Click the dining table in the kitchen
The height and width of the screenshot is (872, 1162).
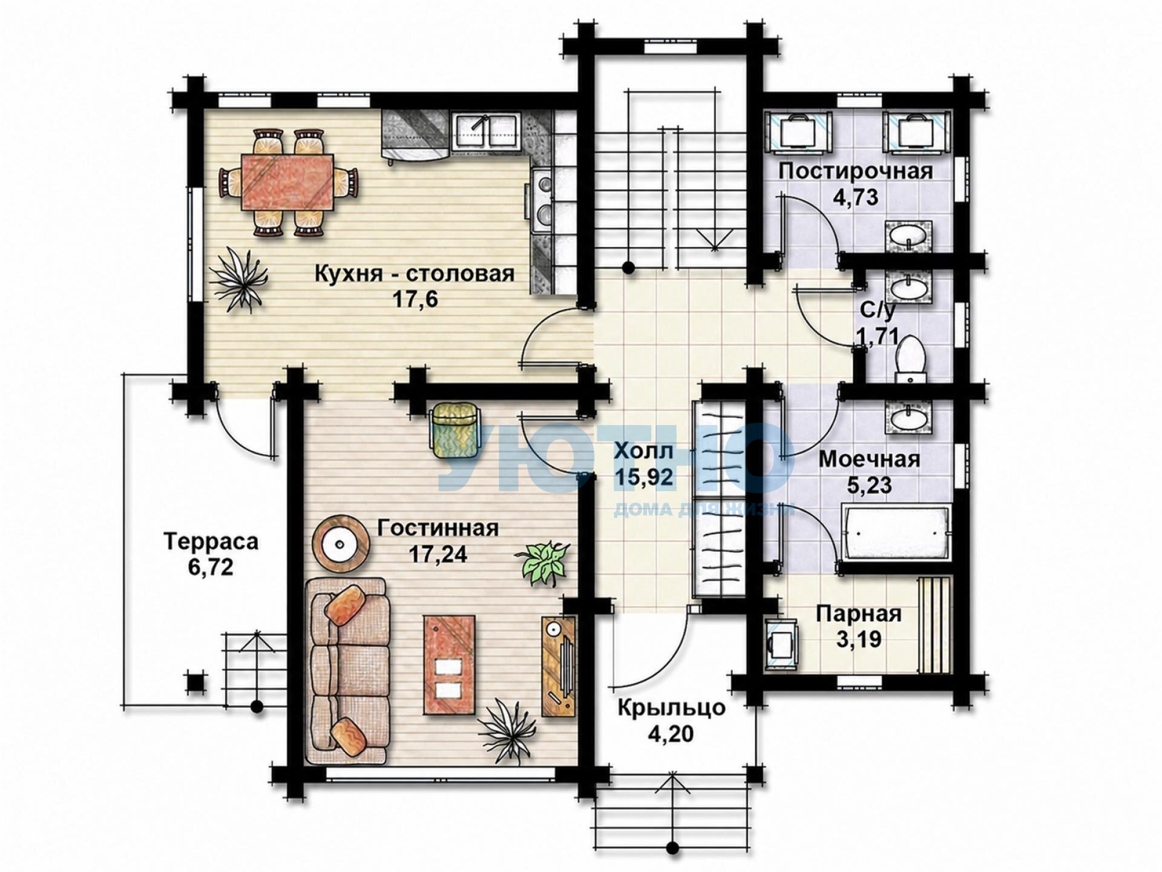coord(288,182)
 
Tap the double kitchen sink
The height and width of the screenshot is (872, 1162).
coord(487,130)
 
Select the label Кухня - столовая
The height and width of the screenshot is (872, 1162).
coord(415,274)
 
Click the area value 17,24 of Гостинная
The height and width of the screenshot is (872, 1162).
coord(438,554)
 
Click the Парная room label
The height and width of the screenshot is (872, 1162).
coord(859,614)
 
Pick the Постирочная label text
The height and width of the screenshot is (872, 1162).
coord(855,171)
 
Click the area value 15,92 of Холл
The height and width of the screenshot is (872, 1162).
coord(643,477)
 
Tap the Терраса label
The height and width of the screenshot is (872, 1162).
coord(211,541)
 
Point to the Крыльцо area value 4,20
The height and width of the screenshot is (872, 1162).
coord(671,734)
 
